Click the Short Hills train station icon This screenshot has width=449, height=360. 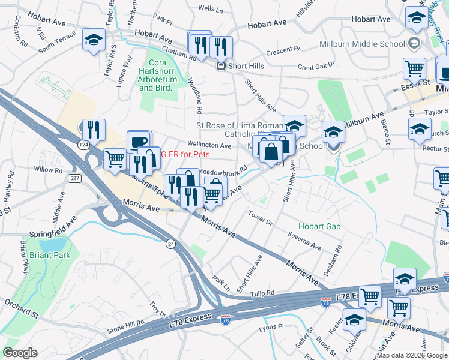click(221, 66)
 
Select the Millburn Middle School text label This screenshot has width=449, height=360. click(373, 44)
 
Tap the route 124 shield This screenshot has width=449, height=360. click(83, 145)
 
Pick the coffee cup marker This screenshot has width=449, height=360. click(139, 142)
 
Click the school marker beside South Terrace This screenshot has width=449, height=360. click(94, 40)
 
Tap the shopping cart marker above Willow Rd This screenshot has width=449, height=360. click(115, 159)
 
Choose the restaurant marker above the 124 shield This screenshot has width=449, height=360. click(94, 129)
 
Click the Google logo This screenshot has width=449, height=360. click(20, 352)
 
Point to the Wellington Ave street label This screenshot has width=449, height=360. click(209, 146)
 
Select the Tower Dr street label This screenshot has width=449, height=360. click(261, 217)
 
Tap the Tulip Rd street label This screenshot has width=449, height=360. click(263, 293)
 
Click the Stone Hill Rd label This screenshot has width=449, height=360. click(125, 326)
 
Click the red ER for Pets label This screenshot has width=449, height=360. click(185, 154)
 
